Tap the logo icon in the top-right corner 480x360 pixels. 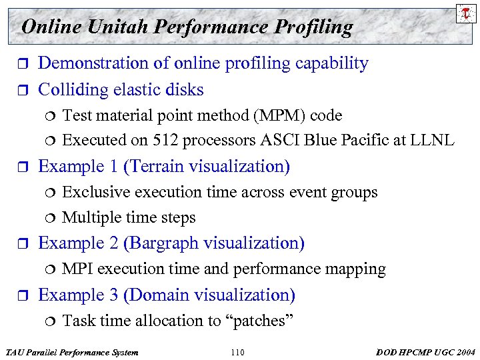(x=465, y=13)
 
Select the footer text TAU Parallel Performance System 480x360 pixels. (x=71, y=352)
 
